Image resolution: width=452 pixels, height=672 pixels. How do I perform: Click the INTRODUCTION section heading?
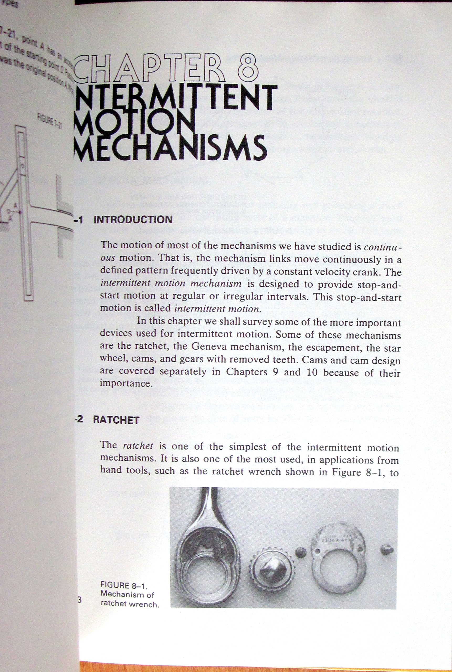click(133, 220)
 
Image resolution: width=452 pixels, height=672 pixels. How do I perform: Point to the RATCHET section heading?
click(116, 420)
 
